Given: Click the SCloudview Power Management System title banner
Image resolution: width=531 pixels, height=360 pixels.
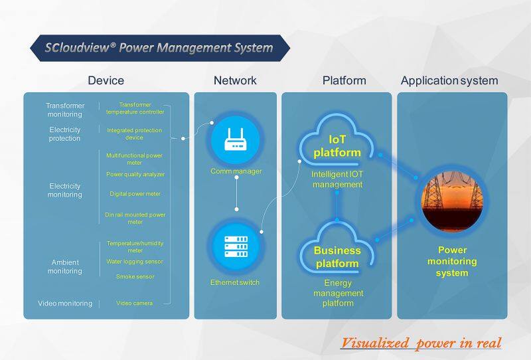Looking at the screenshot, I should tap(159, 48).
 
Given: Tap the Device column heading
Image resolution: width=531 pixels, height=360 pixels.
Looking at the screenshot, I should tap(106, 81).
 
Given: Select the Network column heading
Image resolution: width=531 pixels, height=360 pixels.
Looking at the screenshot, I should tap(235, 81).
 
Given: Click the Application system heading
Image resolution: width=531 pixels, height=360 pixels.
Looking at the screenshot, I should tap(449, 81).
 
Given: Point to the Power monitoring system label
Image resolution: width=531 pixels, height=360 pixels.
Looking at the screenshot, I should tap(451, 262).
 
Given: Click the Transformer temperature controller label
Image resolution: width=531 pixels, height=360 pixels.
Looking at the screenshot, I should tap(135, 108).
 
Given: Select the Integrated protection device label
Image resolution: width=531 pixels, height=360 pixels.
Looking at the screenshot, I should tap(135, 134).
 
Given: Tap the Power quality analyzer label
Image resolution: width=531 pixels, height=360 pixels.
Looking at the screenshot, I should tap(135, 175).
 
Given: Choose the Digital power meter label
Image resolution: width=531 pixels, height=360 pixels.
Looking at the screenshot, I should tap(135, 194).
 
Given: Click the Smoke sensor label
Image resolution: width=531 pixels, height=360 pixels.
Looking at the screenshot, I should tap(135, 276).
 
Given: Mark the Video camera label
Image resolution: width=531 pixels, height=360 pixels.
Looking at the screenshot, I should tap(135, 304).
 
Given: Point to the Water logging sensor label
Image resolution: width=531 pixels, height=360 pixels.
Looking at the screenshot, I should tap(135, 262).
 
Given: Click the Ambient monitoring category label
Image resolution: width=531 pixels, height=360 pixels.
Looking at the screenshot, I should tap(65, 266).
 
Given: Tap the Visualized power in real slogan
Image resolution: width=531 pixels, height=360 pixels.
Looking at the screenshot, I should tap(421, 343).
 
